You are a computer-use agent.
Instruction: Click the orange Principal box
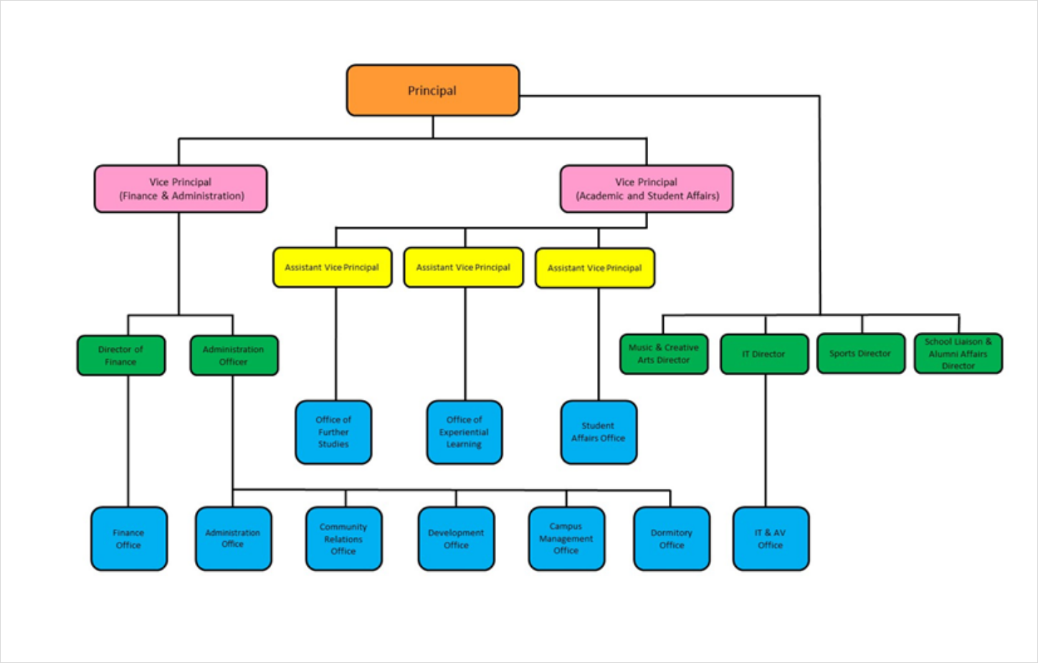click(432, 90)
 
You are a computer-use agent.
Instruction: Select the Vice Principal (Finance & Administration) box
click(181, 189)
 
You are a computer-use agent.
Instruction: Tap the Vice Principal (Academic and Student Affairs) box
click(647, 189)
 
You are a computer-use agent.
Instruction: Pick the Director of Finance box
click(121, 356)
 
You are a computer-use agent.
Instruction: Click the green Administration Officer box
click(234, 356)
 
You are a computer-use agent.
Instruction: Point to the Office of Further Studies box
click(333, 432)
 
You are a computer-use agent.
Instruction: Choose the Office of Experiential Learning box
click(465, 432)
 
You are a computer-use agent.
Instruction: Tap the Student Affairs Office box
click(599, 432)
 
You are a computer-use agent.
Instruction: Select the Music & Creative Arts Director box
click(664, 354)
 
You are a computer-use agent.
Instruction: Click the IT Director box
click(764, 354)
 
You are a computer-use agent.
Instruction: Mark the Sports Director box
click(861, 353)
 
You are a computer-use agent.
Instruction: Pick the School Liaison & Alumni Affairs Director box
click(958, 353)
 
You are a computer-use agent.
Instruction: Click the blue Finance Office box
click(129, 539)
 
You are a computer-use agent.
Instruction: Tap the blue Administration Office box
click(233, 539)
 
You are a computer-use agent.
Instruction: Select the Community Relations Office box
click(343, 539)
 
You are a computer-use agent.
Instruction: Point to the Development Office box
click(456, 539)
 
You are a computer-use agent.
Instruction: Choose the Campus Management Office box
click(566, 539)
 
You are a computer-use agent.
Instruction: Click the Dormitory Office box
click(672, 539)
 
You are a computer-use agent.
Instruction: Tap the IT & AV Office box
click(771, 539)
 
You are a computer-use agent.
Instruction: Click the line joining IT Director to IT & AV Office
click(766, 441)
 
